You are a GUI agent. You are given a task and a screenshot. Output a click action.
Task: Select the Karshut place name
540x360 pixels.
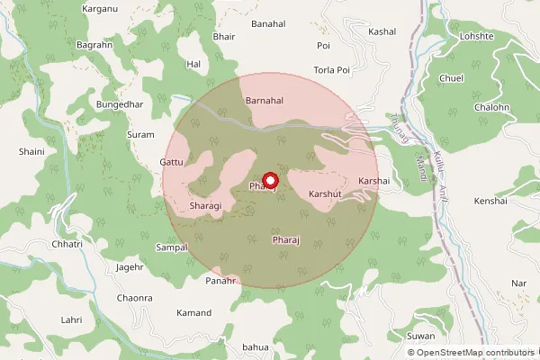click(326, 193)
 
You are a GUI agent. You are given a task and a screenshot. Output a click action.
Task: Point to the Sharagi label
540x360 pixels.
click(205, 206)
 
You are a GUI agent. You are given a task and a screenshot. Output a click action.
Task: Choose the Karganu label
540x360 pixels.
click(100, 9)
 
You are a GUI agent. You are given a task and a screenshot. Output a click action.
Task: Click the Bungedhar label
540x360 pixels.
click(119, 105)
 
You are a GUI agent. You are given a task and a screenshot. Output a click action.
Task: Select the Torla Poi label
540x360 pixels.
click(330, 70)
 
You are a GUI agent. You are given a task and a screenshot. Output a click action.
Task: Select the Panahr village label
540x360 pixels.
click(220, 281)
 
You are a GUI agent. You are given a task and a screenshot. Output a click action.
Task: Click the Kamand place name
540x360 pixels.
click(194, 313)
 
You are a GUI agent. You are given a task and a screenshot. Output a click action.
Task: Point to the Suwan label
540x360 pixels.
click(420, 336)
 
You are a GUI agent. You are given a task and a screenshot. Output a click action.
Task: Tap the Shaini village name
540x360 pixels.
click(31, 152)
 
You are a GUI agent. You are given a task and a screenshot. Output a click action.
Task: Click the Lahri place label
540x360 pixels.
click(72, 319)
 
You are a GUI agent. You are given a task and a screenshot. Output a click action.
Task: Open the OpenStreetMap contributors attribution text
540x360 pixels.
click(469, 353)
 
